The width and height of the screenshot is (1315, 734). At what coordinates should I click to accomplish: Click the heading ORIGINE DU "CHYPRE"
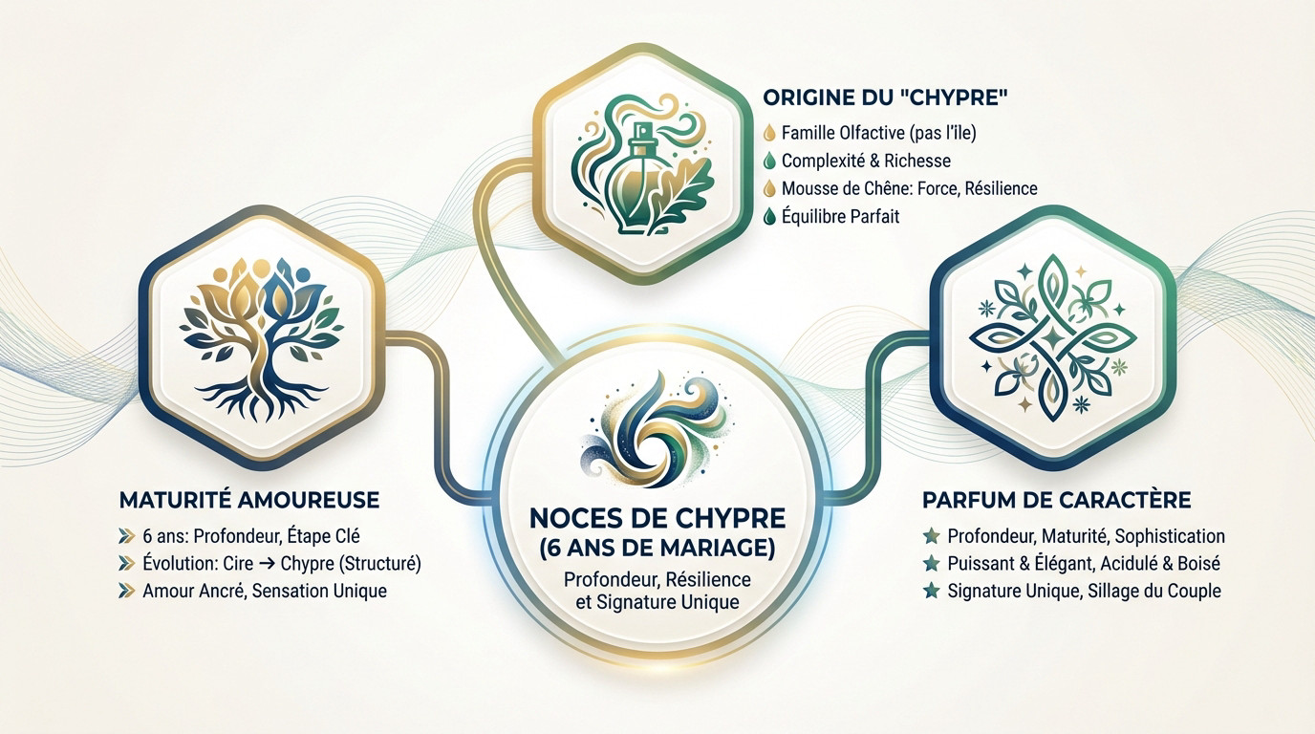tap(888, 97)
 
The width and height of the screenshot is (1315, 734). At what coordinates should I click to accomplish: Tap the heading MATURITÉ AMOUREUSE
tap(249, 500)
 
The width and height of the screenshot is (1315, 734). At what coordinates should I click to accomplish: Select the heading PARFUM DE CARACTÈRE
tap(1056, 500)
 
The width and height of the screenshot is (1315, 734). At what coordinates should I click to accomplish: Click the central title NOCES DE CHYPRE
tap(657, 519)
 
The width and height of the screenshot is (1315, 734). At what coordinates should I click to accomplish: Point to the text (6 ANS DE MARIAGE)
tap(657, 550)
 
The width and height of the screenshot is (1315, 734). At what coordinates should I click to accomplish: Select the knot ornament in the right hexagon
tap(1052, 335)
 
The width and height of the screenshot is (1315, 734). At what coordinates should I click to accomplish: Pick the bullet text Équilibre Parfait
tap(840, 216)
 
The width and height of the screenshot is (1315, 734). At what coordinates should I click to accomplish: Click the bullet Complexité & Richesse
tap(866, 161)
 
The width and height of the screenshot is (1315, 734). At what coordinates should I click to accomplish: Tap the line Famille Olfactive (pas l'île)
tap(878, 133)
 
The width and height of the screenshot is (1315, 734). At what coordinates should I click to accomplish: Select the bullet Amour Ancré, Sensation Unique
tap(264, 591)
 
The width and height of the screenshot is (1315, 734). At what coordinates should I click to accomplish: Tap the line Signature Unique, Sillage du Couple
tap(1084, 591)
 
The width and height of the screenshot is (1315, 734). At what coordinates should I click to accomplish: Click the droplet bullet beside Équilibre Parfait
tap(770, 216)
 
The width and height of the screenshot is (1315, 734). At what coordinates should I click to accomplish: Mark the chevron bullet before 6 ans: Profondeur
tap(126, 535)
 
